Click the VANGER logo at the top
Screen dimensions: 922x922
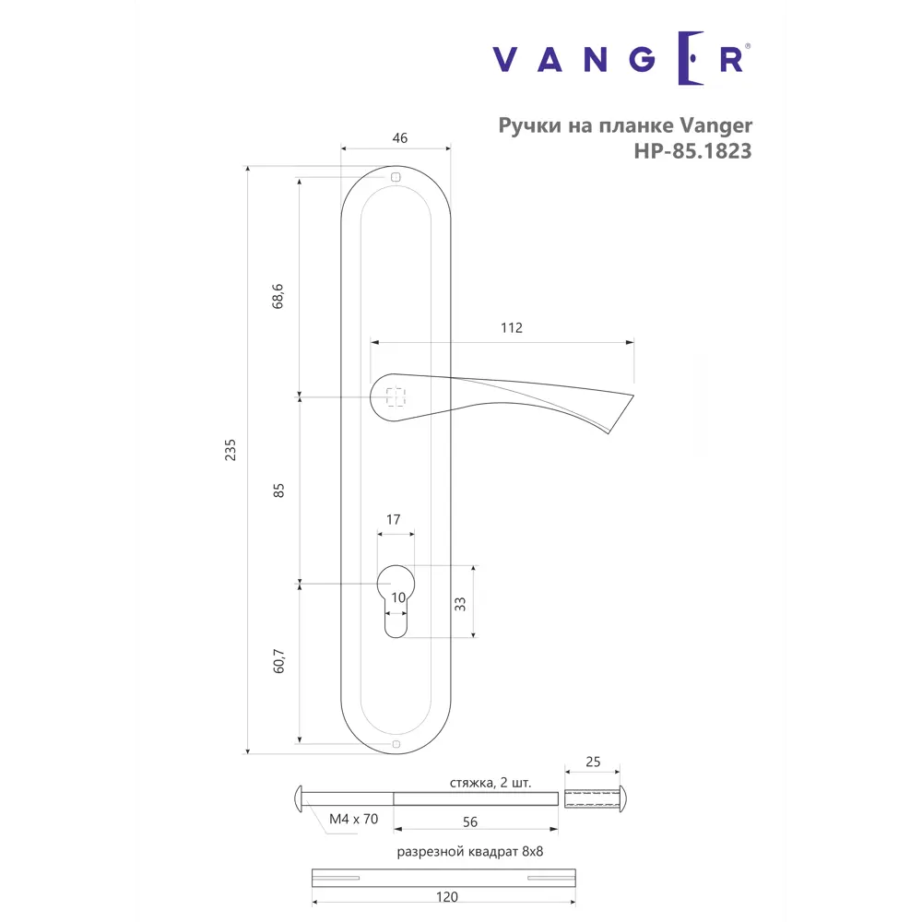(x=621, y=59)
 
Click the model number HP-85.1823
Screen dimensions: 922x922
(x=691, y=151)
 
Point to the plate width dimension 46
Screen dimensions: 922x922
(x=399, y=138)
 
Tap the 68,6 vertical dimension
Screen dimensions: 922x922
(x=279, y=297)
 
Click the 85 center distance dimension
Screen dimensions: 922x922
(x=279, y=490)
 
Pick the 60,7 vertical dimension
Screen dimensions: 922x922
(x=279, y=662)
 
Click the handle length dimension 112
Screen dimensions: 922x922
(x=512, y=328)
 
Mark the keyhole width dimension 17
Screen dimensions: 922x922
(x=393, y=520)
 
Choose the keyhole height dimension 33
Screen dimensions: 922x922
(x=460, y=604)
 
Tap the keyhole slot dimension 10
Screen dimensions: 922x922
(x=397, y=598)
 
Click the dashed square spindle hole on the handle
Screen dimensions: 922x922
(x=396, y=396)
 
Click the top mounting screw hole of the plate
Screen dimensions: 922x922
(x=396, y=177)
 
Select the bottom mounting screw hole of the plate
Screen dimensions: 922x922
(x=396, y=743)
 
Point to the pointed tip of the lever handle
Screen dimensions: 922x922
(x=632, y=396)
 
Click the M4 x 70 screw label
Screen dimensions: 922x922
(x=353, y=818)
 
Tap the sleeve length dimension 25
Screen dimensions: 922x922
(x=593, y=762)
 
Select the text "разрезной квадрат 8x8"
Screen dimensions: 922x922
(x=470, y=852)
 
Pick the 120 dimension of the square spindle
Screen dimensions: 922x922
(x=445, y=896)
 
